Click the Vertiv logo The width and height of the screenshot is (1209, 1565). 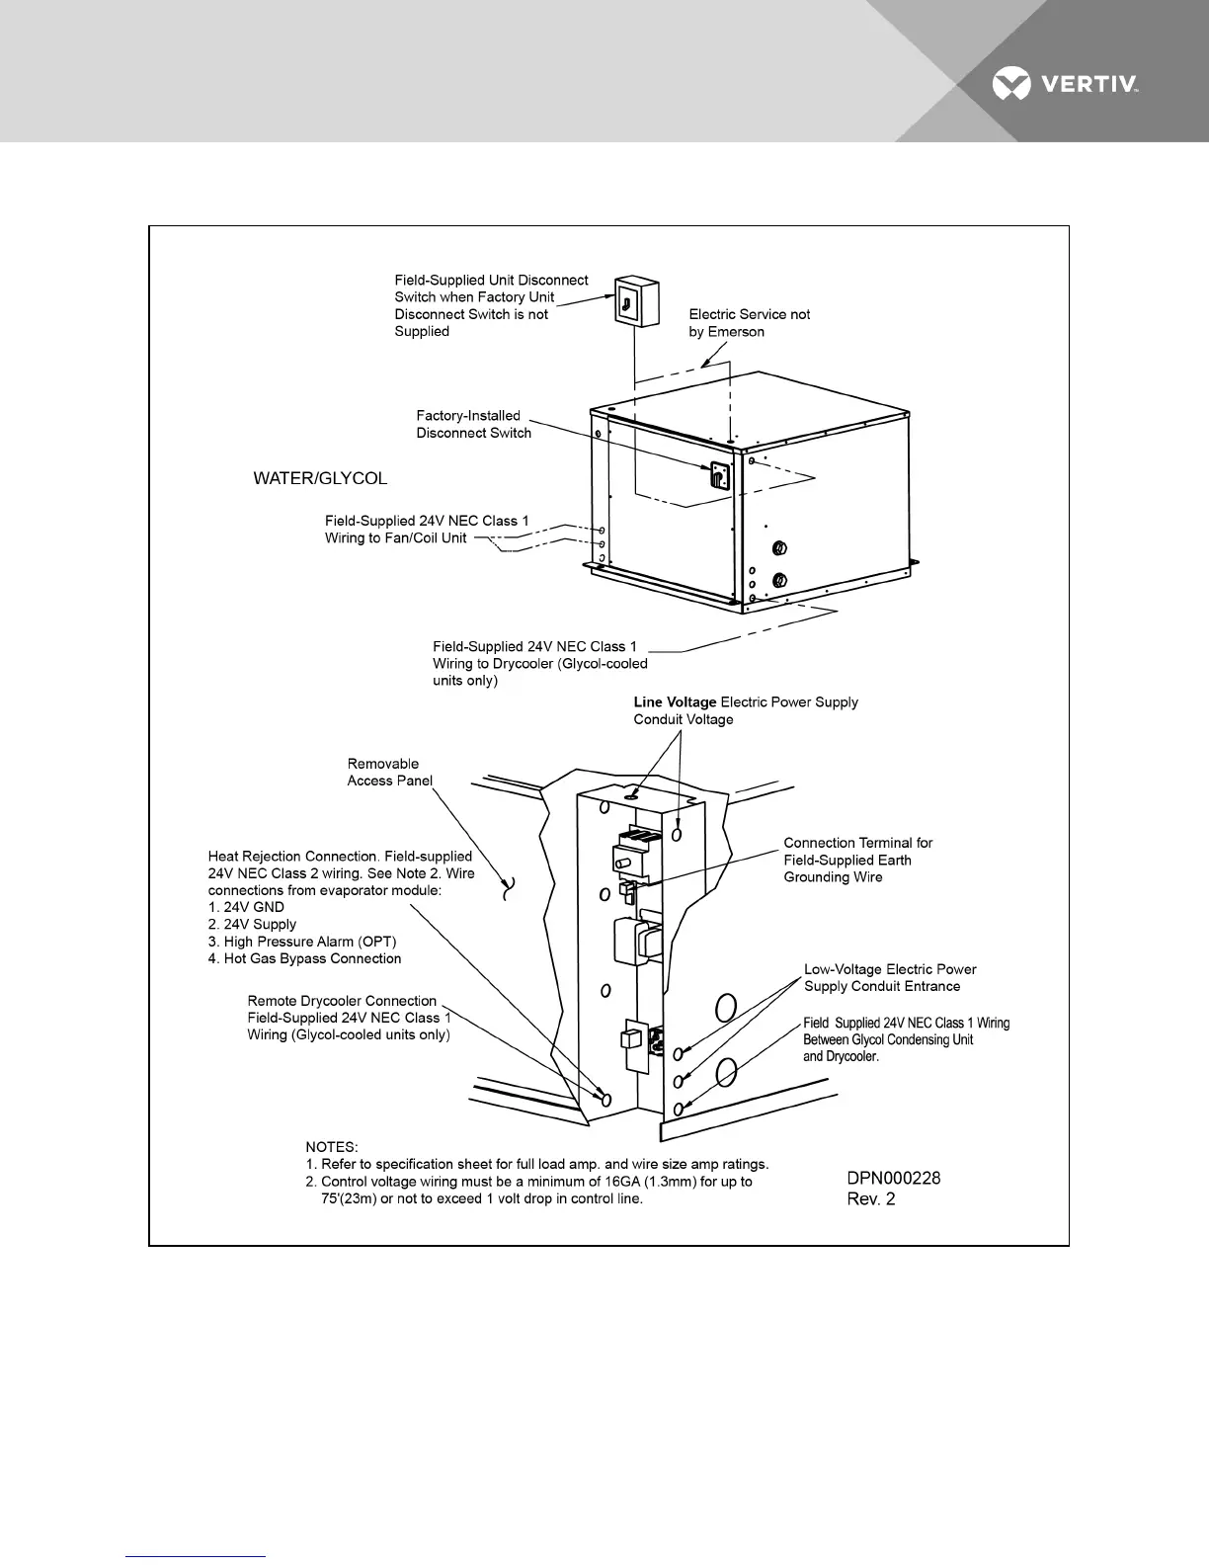(x=1065, y=85)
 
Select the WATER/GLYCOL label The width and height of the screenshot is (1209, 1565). (x=320, y=479)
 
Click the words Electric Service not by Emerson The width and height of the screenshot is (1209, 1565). (x=749, y=323)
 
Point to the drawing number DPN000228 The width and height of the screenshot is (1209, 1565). (x=894, y=1178)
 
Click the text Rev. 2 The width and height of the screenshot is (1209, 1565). (x=871, y=1199)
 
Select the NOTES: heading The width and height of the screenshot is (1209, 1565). (x=332, y=1147)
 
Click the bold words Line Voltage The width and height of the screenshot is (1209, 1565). (x=675, y=702)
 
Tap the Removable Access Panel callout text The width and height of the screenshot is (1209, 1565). (x=389, y=772)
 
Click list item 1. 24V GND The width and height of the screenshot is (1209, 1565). (x=246, y=907)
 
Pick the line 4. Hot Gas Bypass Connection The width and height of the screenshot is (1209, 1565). (x=304, y=958)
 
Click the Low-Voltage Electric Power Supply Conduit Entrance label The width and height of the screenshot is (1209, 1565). (x=889, y=977)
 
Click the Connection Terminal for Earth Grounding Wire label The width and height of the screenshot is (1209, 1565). (x=857, y=860)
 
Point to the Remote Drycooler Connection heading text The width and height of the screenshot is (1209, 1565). (x=342, y=1001)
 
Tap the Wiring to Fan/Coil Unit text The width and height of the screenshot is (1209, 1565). (x=395, y=538)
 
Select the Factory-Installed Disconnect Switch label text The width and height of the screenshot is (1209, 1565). (x=473, y=424)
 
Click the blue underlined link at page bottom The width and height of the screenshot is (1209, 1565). (x=196, y=1556)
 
